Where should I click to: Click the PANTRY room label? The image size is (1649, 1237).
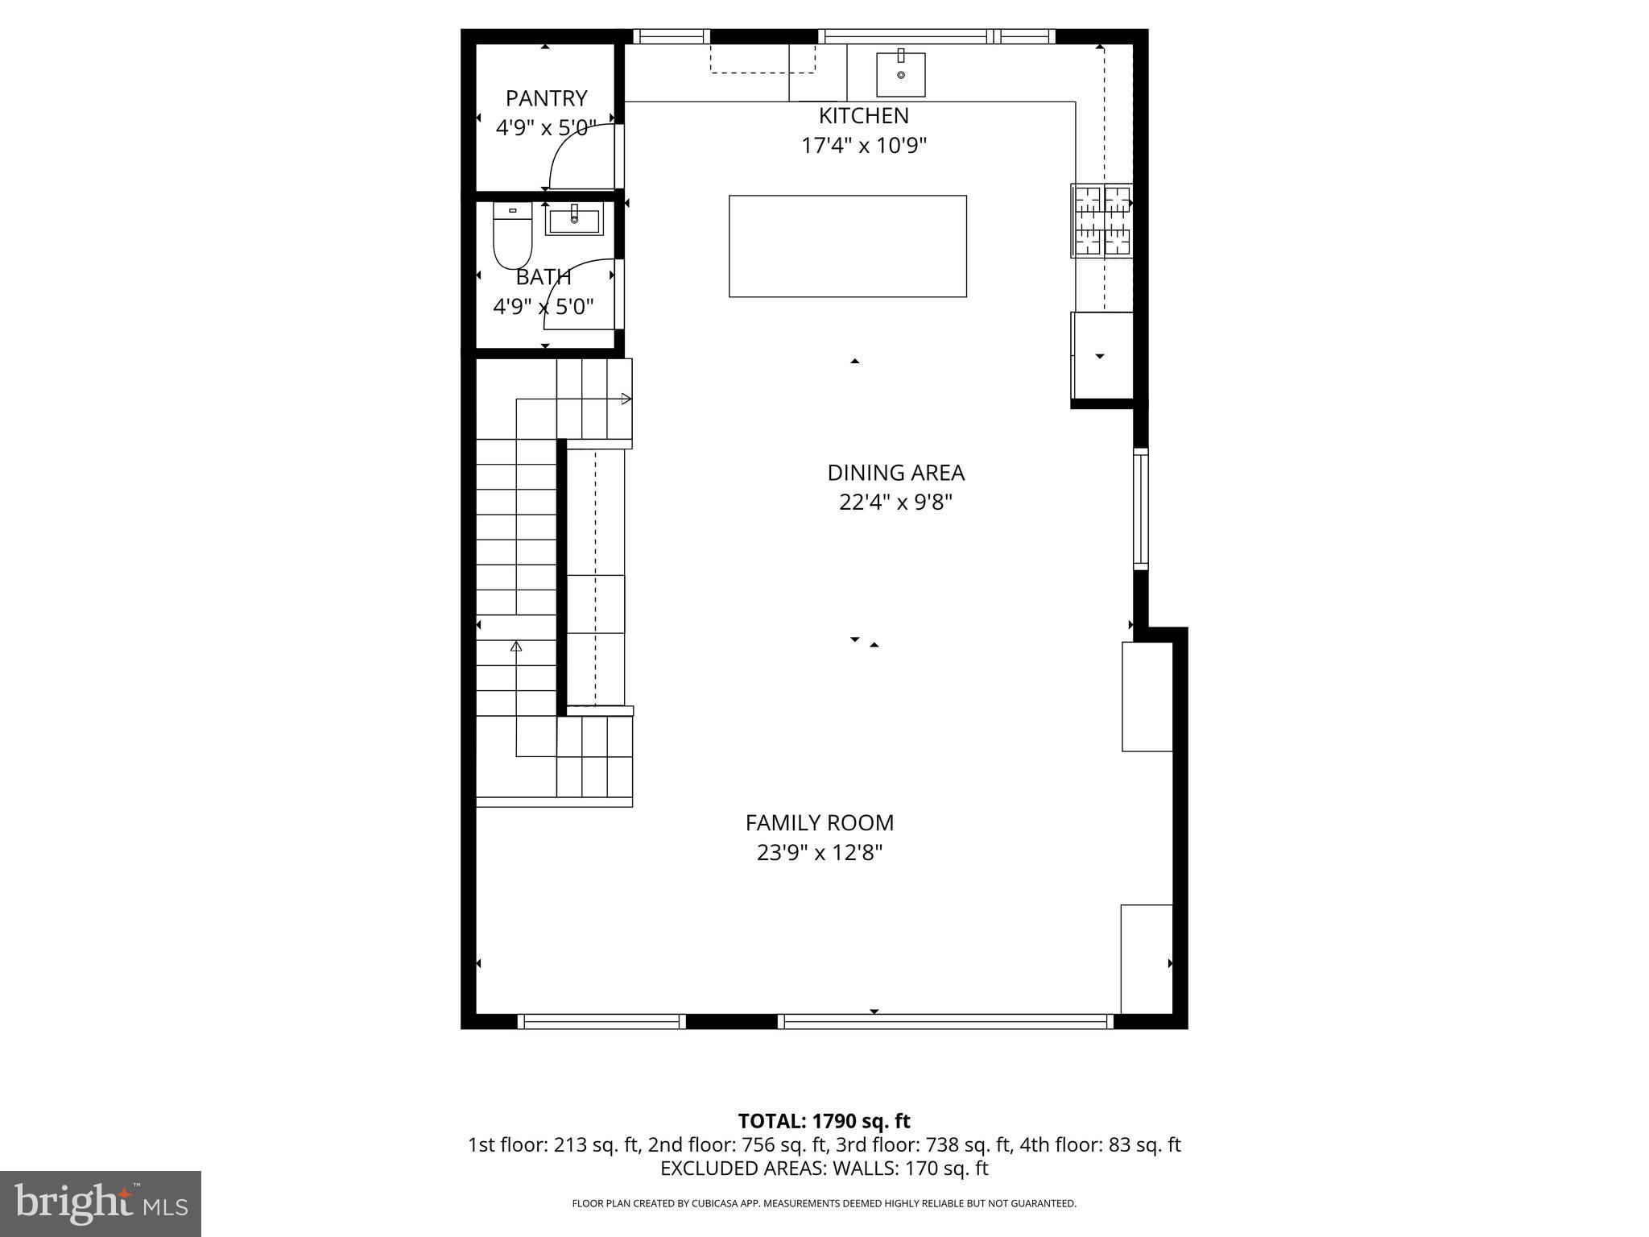[546, 98]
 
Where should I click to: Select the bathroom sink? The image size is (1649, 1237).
[574, 220]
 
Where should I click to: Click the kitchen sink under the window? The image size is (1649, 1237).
[900, 74]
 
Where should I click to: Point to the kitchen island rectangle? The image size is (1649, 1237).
[847, 246]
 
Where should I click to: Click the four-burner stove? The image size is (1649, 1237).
[1101, 221]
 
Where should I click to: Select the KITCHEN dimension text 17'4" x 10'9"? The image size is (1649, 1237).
[864, 146]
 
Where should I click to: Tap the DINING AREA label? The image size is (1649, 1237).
[895, 473]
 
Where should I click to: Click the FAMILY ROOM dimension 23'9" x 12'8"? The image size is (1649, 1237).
[820, 852]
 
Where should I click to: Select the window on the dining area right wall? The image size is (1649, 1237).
[1140, 508]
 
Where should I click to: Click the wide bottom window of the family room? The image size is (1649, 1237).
[945, 1021]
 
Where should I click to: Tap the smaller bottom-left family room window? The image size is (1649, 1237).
[601, 1021]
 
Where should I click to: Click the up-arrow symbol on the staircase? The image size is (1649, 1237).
[516, 646]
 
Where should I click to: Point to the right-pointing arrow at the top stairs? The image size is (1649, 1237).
[626, 399]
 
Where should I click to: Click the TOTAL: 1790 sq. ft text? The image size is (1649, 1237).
[824, 1121]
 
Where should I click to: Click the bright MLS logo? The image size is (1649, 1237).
[101, 1203]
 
